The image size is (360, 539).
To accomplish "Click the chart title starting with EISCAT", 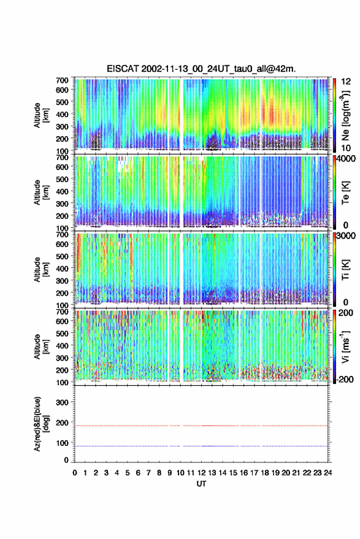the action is tap(201, 69).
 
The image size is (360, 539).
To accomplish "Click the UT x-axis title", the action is tap(201, 484).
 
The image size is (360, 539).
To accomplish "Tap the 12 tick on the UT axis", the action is tap(201, 473).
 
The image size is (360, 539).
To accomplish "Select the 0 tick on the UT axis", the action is tap(75, 473).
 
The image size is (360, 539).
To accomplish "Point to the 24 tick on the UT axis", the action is tap(327, 473).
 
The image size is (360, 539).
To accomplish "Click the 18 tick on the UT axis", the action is tap(264, 473).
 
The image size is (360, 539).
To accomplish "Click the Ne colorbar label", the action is tap(345, 115).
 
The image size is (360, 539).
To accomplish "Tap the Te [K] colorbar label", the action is tap(345, 193).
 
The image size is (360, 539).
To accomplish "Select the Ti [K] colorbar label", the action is tap(345, 270).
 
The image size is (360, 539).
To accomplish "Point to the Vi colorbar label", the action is tap(345, 347).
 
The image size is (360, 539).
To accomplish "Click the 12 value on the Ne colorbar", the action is tap(346, 82).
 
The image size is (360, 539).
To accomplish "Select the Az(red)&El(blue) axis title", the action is tap(41, 424).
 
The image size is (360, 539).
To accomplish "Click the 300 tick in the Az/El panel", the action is tap(62, 402).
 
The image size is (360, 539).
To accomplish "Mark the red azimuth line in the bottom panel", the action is tap(201, 426).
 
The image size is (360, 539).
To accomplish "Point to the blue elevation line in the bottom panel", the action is tap(201, 446).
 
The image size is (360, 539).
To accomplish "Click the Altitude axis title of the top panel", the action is tap(41, 115).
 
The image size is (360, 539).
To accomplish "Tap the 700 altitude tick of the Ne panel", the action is tap(62, 80).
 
